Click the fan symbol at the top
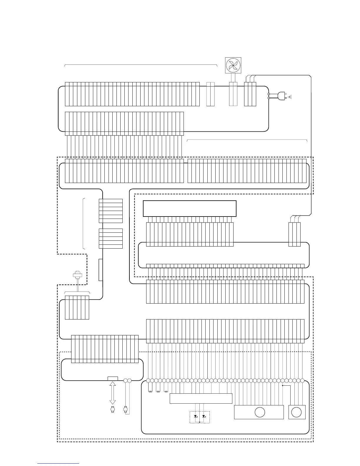[233, 65]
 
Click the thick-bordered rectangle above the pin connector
[190, 208]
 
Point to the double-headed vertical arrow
[112, 393]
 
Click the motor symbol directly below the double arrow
[112, 409]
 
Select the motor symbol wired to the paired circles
[125, 409]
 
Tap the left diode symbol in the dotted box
[196, 417]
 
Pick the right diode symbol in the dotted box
[204, 417]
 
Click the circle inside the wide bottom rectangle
[260, 412]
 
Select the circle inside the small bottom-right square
[296, 412]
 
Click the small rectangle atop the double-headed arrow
[113, 378]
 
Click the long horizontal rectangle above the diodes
[201, 398]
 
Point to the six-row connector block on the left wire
[111, 211]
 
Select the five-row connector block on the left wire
[111, 238]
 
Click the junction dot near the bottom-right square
[282, 385]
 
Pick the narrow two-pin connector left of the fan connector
[211, 94]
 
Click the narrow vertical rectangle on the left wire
[101, 270]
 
